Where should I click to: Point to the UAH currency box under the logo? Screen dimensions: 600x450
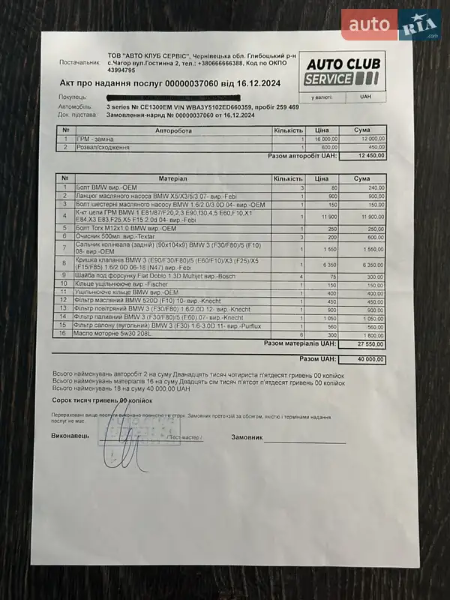[365, 97]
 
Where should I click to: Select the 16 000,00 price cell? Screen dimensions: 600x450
[325, 139]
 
